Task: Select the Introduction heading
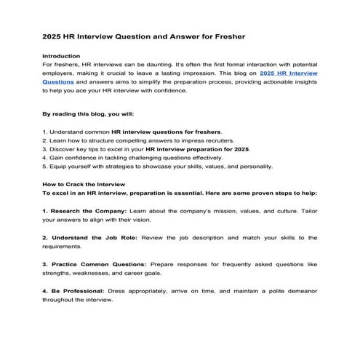[x=62, y=56]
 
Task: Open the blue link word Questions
[x=58, y=84]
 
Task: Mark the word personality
[x=253, y=166]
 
